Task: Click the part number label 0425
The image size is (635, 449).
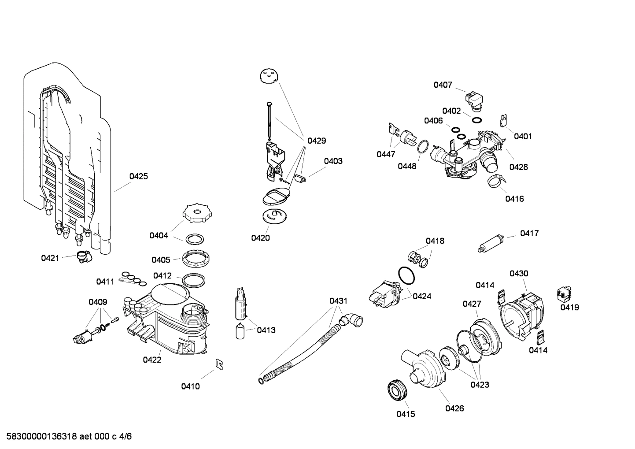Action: (x=138, y=177)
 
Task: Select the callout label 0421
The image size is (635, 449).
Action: (x=50, y=258)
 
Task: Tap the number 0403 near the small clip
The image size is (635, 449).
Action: (x=333, y=161)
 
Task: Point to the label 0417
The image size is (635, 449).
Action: (x=529, y=234)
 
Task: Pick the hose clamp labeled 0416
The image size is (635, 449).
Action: (x=495, y=181)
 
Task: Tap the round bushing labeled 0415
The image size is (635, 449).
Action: (x=398, y=390)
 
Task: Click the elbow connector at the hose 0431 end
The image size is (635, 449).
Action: (x=352, y=320)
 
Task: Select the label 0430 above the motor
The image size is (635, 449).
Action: (x=519, y=274)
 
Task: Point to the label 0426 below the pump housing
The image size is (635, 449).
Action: (x=454, y=408)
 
